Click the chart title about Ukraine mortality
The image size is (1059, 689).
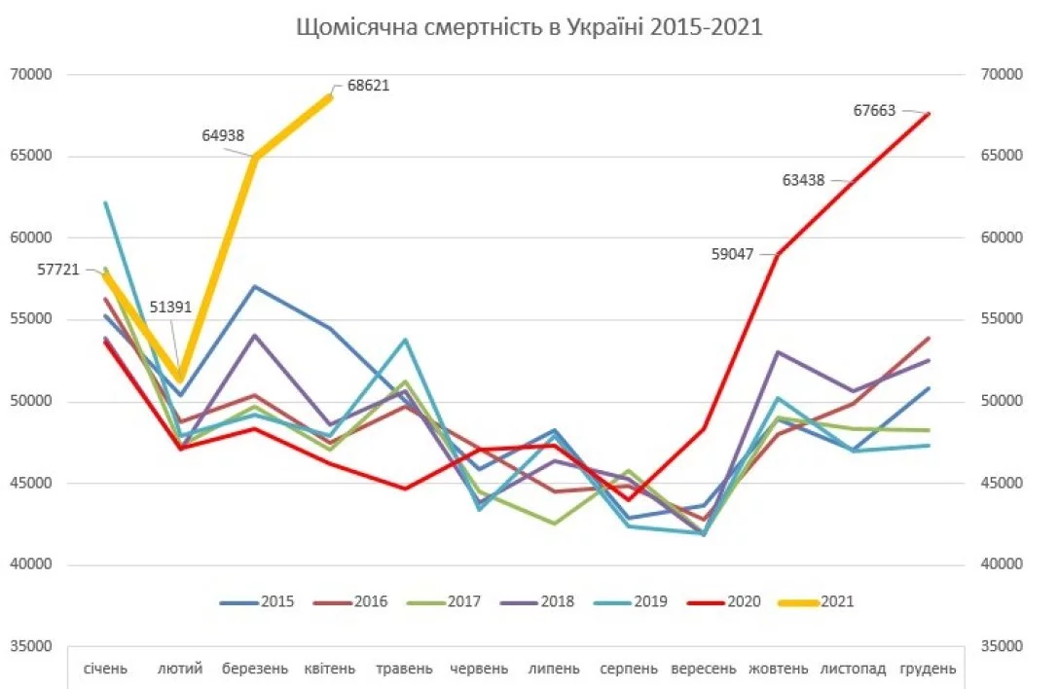tap(529, 27)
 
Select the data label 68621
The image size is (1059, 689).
tap(368, 86)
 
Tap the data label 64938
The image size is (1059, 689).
tap(224, 136)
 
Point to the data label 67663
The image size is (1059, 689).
tap(874, 111)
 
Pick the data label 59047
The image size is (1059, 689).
tap(740, 252)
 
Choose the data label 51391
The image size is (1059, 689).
tap(171, 307)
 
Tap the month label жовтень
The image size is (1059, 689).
tap(779, 669)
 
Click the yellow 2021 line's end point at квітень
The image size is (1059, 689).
tap(330, 97)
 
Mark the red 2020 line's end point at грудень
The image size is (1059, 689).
tap(929, 114)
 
